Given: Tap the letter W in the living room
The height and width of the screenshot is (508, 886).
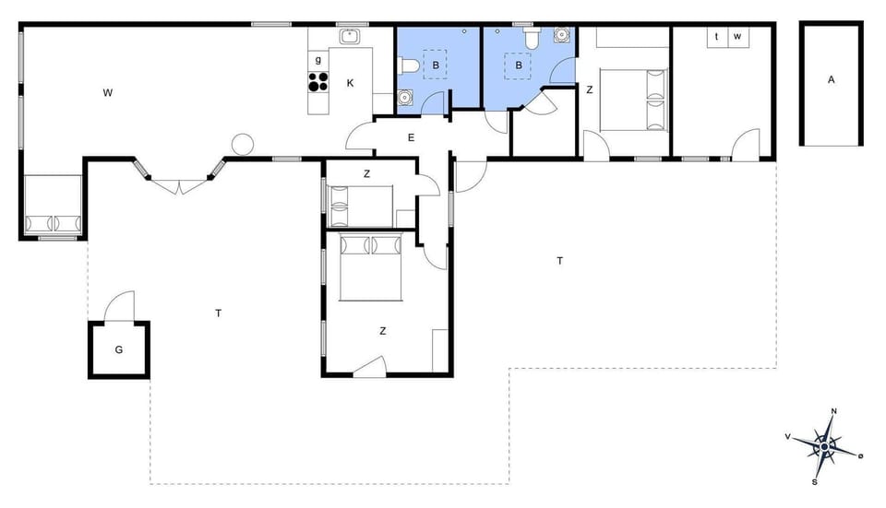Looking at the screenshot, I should point(108,92).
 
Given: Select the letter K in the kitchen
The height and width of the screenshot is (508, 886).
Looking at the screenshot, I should point(350,83).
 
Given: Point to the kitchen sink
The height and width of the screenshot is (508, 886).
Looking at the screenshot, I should point(350,37).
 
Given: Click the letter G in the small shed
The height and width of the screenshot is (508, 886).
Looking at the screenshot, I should point(119,350).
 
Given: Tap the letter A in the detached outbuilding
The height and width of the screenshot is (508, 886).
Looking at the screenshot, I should point(831,80).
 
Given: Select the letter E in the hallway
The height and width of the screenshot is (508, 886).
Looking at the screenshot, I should point(411,138).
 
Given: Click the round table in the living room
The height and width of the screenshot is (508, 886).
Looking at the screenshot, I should point(242,144).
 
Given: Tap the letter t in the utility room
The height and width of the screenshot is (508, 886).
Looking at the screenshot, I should point(717,37).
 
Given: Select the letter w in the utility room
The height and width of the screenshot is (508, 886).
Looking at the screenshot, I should point(737,37).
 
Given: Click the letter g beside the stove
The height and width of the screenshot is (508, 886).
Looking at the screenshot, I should point(318,60).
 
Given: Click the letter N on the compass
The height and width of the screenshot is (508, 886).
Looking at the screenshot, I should point(833,412).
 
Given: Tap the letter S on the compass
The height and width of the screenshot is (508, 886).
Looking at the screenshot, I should point(814,481).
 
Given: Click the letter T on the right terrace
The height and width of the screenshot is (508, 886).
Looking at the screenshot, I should point(559,261).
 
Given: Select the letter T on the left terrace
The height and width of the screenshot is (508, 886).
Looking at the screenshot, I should point(219,313).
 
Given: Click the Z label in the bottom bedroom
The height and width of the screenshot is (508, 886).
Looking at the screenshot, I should point(382,330).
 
